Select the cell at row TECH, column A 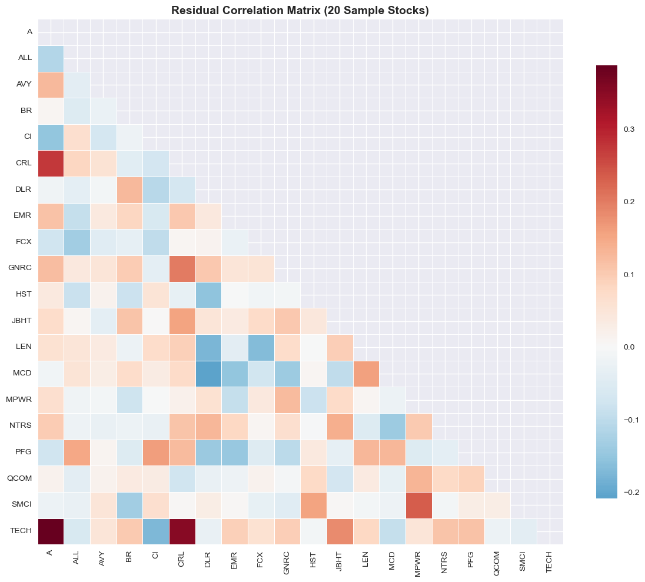(x=51, y=531)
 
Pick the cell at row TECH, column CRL (x=182, y=531)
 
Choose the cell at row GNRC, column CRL (x=182, y=268)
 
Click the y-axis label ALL (x=25, y=58)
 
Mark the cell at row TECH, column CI (x=156, y=531)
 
